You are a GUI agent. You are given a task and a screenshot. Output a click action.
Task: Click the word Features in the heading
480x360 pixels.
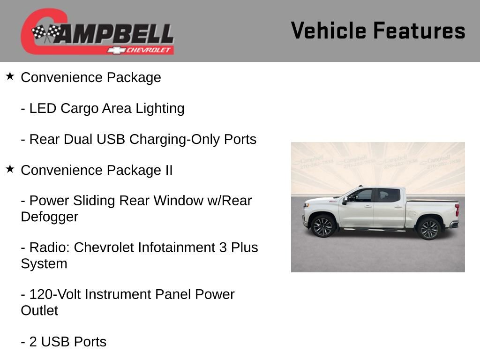click(419, 31)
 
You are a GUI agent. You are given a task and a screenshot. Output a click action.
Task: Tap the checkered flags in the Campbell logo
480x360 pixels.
click(46, 33)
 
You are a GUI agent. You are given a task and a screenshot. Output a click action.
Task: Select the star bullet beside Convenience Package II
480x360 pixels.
click(10, 169)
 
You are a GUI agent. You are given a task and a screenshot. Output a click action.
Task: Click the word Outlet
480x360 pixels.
click(39, 310)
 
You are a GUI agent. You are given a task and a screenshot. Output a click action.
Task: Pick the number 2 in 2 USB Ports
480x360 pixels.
click(33, 342)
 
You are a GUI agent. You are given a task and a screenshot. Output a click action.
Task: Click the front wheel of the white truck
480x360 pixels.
click(323, 227)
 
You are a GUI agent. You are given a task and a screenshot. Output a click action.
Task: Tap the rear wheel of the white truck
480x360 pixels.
click(429, 229)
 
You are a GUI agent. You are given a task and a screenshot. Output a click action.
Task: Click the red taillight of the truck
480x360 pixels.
click(457, 210)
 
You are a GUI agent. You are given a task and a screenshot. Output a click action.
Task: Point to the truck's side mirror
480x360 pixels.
click(345, 201)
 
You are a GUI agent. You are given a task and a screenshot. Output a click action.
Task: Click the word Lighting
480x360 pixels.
click(160, 108)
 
